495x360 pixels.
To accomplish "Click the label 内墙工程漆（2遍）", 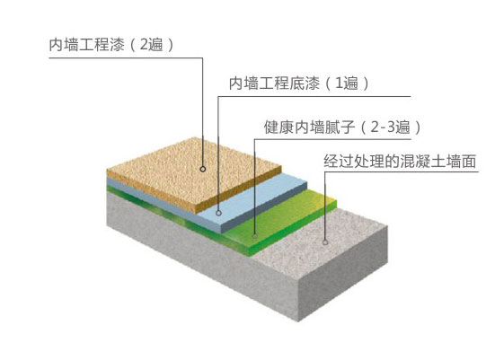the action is pos(111,45).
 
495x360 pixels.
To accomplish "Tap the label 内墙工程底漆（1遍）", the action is pos(298,83).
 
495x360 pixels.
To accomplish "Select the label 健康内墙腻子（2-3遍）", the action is pos(342,127).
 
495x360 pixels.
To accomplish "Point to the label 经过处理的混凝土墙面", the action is pos(400,162).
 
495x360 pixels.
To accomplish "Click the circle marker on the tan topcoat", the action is pos(203,169).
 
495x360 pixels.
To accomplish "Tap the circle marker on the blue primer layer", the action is pos(218,213).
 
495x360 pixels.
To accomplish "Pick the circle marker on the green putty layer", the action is pos(255,236).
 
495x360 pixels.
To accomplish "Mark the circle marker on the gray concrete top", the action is pos(325,242).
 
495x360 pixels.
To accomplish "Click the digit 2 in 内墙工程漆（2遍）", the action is pos(144,45).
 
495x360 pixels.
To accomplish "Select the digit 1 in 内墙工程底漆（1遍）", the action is pos(339,83).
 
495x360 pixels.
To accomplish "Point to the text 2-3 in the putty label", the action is pos(383,127).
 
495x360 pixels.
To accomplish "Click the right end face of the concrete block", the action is pos(343,274).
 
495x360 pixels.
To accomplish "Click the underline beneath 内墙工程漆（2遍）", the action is pos(126,58).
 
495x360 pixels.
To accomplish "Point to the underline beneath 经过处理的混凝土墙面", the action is pos(402,172).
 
